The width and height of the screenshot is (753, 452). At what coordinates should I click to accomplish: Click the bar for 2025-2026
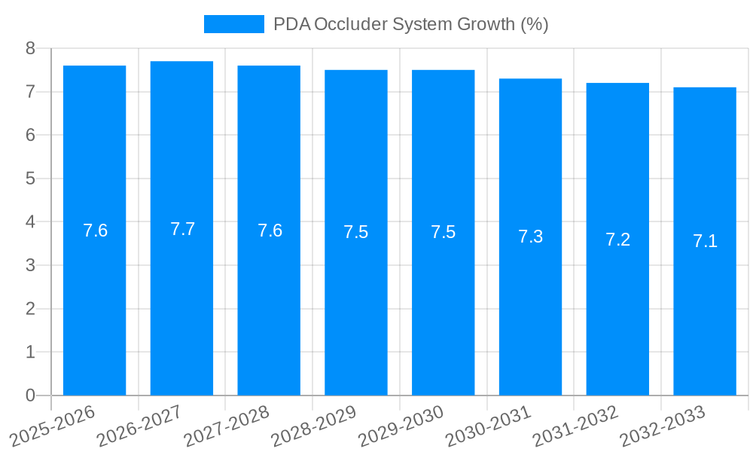tap(94, 301)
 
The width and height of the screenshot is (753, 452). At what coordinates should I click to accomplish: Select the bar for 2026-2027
tap(181, 301)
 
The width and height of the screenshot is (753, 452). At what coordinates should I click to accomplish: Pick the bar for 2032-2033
tap(705, 316)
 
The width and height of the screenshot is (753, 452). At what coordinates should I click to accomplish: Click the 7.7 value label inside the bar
tap(182, 229)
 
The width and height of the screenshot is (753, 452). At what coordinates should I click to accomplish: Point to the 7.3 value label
tap(530, 237)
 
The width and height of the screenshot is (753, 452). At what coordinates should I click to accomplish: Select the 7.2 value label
tap(617, 240)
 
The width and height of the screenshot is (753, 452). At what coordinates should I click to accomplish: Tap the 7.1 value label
tap(705, 241)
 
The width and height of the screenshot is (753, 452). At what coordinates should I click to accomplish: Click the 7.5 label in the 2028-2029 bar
tap(356, 232)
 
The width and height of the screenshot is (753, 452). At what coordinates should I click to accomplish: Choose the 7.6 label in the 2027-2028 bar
tap(270, 231)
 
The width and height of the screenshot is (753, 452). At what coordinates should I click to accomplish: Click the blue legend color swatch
tap(233, 24)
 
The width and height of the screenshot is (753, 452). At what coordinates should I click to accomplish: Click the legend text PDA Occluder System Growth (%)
tap(410, 24)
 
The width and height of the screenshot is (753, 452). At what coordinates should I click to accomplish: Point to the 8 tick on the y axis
tap(30, 48)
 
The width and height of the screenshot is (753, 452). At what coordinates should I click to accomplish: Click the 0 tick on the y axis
tap(30, 395)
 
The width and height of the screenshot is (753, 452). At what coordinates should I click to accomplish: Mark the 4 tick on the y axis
tap(30, 222)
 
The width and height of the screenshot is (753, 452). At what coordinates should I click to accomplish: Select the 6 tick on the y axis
tap(30, 136)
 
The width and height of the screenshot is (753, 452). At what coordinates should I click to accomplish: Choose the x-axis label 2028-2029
tap(315, 426)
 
